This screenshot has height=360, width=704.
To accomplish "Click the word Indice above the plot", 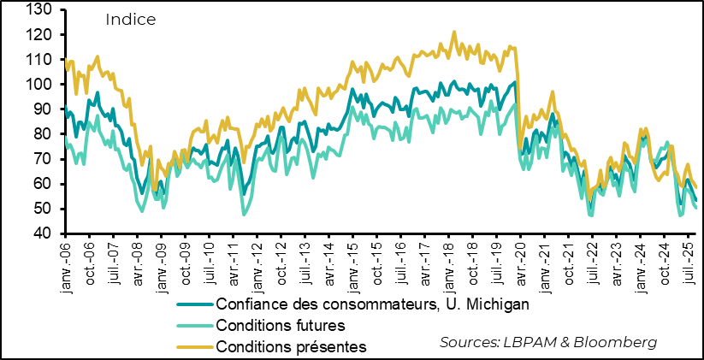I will coord(130,20).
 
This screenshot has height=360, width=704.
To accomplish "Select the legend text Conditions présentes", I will coord(291,346).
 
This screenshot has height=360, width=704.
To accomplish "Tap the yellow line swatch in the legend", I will coord(195,346).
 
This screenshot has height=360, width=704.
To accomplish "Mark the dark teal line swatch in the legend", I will coord(195,304).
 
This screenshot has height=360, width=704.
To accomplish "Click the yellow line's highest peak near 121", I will coord(454,32).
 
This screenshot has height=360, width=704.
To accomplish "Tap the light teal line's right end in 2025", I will coord(696,208).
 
